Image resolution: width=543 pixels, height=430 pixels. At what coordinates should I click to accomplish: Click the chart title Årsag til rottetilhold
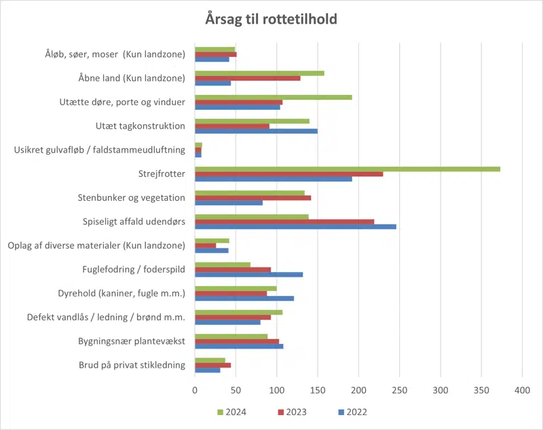coord(271,20)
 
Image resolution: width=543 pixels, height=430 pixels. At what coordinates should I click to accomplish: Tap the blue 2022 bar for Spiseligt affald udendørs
coord(295,227)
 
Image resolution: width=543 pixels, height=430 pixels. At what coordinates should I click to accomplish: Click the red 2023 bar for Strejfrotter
coord(288,174)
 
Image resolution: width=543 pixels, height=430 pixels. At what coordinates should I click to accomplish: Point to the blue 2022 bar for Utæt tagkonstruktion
coord(256,131)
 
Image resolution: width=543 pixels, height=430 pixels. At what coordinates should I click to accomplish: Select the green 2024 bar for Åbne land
coord(259,73)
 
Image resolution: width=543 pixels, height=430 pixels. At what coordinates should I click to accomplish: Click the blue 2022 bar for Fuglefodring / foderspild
coord(248,275)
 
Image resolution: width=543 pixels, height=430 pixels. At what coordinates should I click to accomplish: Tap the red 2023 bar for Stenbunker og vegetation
coord(252,198)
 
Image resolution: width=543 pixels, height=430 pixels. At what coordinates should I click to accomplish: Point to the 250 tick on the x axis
coord(400,391)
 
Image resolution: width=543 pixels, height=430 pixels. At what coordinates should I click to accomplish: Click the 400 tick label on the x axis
coord(522,391)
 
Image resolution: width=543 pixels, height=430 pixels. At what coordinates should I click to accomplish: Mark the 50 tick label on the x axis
coord(236,391)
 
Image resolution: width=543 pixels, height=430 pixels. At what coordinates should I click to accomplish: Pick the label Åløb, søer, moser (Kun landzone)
coord(110,54)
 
